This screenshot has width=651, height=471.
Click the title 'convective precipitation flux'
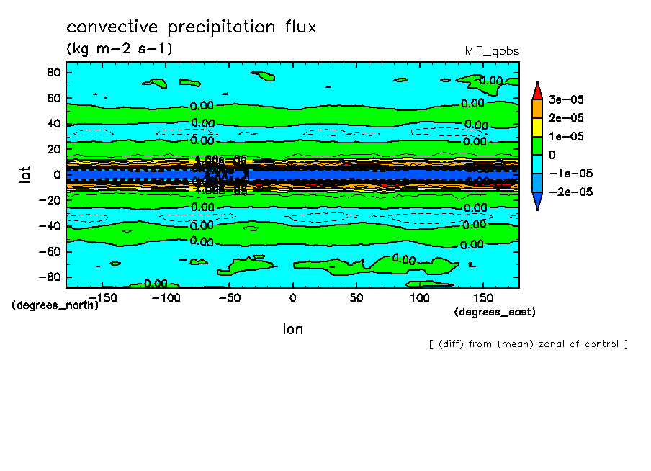click(x=192, y=27)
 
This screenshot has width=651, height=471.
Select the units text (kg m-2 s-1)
click(x=120, y=49)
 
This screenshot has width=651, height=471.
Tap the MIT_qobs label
click(x=492, y=51)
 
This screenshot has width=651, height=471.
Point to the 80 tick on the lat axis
click(x=53, y=72)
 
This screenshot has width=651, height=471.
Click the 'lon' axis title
click(x=292, y=329)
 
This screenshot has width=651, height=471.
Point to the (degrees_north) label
click(x=55, y=305)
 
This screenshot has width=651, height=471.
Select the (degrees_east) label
click(x=495, y=312)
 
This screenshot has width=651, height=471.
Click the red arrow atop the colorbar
click(x=537, y=91)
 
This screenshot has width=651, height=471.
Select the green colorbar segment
click(x=537, y=145)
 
